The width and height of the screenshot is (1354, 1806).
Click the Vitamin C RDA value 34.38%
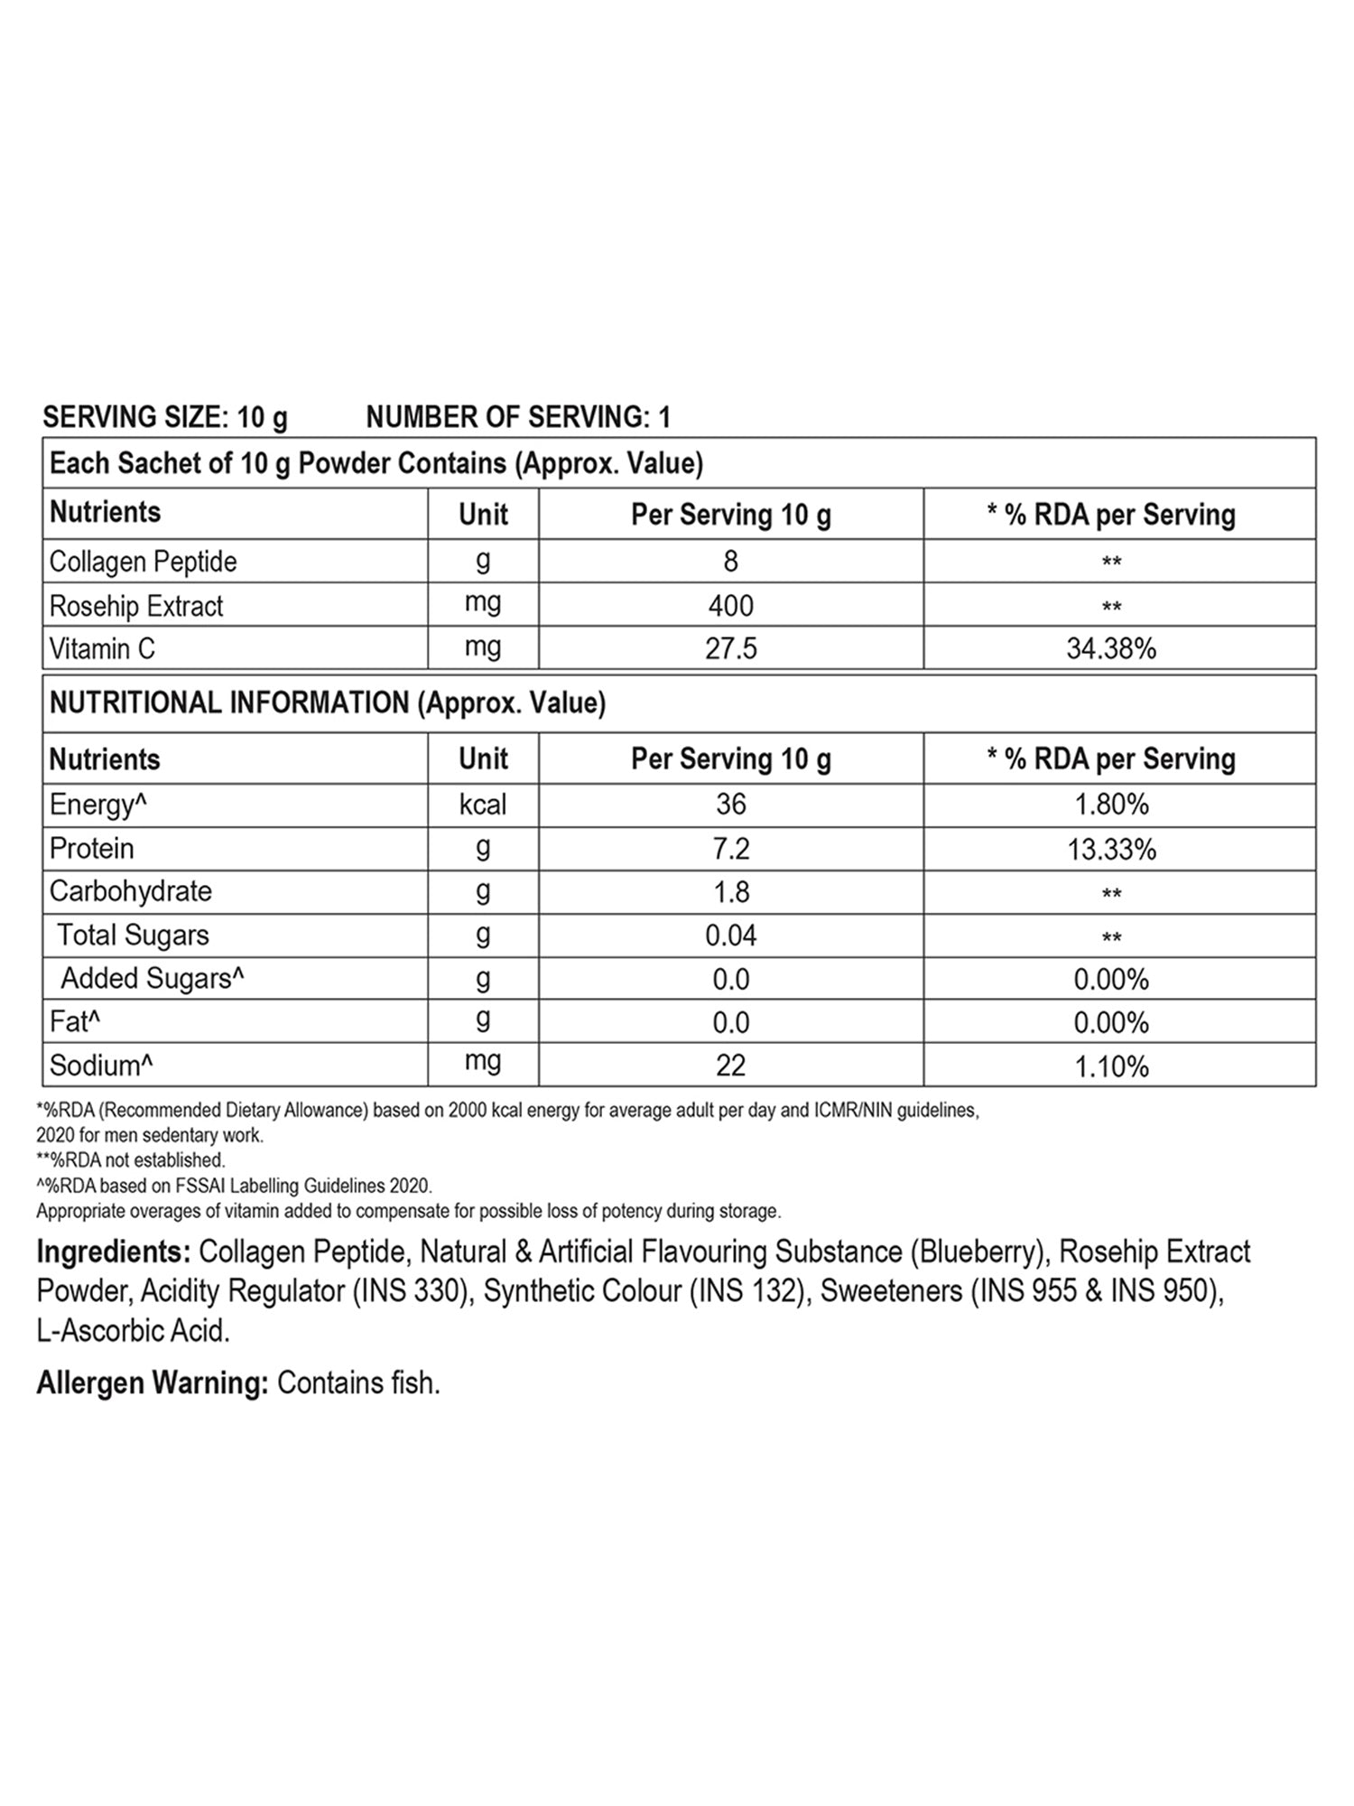click(1110, 648)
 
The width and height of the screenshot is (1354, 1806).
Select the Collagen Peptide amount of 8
click(730, 562)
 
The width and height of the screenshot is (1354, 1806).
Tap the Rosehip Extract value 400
click(730, 605)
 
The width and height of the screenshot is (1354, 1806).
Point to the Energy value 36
click(730, 804)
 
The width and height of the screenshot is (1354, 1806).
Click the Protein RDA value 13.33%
click(1110, 849)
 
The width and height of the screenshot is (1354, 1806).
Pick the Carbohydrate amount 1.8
click(730, 892)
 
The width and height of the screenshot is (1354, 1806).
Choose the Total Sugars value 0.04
click(730, 936)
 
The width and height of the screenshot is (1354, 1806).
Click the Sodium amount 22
click(730, 1066)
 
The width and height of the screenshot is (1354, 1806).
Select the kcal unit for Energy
click(483, 804)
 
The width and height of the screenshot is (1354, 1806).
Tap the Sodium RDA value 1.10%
click(1110, 1066)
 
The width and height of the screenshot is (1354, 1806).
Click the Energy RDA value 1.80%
click(1110, 804)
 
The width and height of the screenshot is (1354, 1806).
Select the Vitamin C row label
click(102, 648)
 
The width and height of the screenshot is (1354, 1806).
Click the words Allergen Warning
click(152, 1383)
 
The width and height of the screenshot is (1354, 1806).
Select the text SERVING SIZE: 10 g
click(165, 417)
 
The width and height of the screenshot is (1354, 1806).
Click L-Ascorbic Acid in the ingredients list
click(133, 1331)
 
